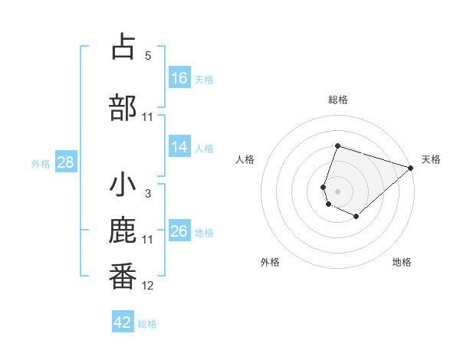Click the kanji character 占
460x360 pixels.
[123, 47]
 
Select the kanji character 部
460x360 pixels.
[123, 106]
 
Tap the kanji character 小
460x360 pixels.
[123, 185]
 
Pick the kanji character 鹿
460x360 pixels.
[123, 231]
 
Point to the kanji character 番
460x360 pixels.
[123, 277]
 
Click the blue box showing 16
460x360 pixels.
[179, 77]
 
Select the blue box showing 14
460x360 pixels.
[179, 148]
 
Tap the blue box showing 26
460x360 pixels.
[179, 231]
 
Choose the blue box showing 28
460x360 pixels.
[65, 162]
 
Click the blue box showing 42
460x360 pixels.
[123, 322]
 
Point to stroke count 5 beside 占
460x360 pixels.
[148, 56]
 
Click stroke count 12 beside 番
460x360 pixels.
[148, 286]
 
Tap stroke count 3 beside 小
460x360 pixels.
[148, 194]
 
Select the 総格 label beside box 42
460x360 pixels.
[147, 324]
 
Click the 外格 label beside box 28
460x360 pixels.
[41, 163]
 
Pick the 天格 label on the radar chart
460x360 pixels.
[431, 159]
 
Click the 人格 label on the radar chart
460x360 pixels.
[245, 159]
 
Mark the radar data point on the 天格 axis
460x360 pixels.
[411, 168]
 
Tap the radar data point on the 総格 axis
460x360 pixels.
[337, 146]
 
